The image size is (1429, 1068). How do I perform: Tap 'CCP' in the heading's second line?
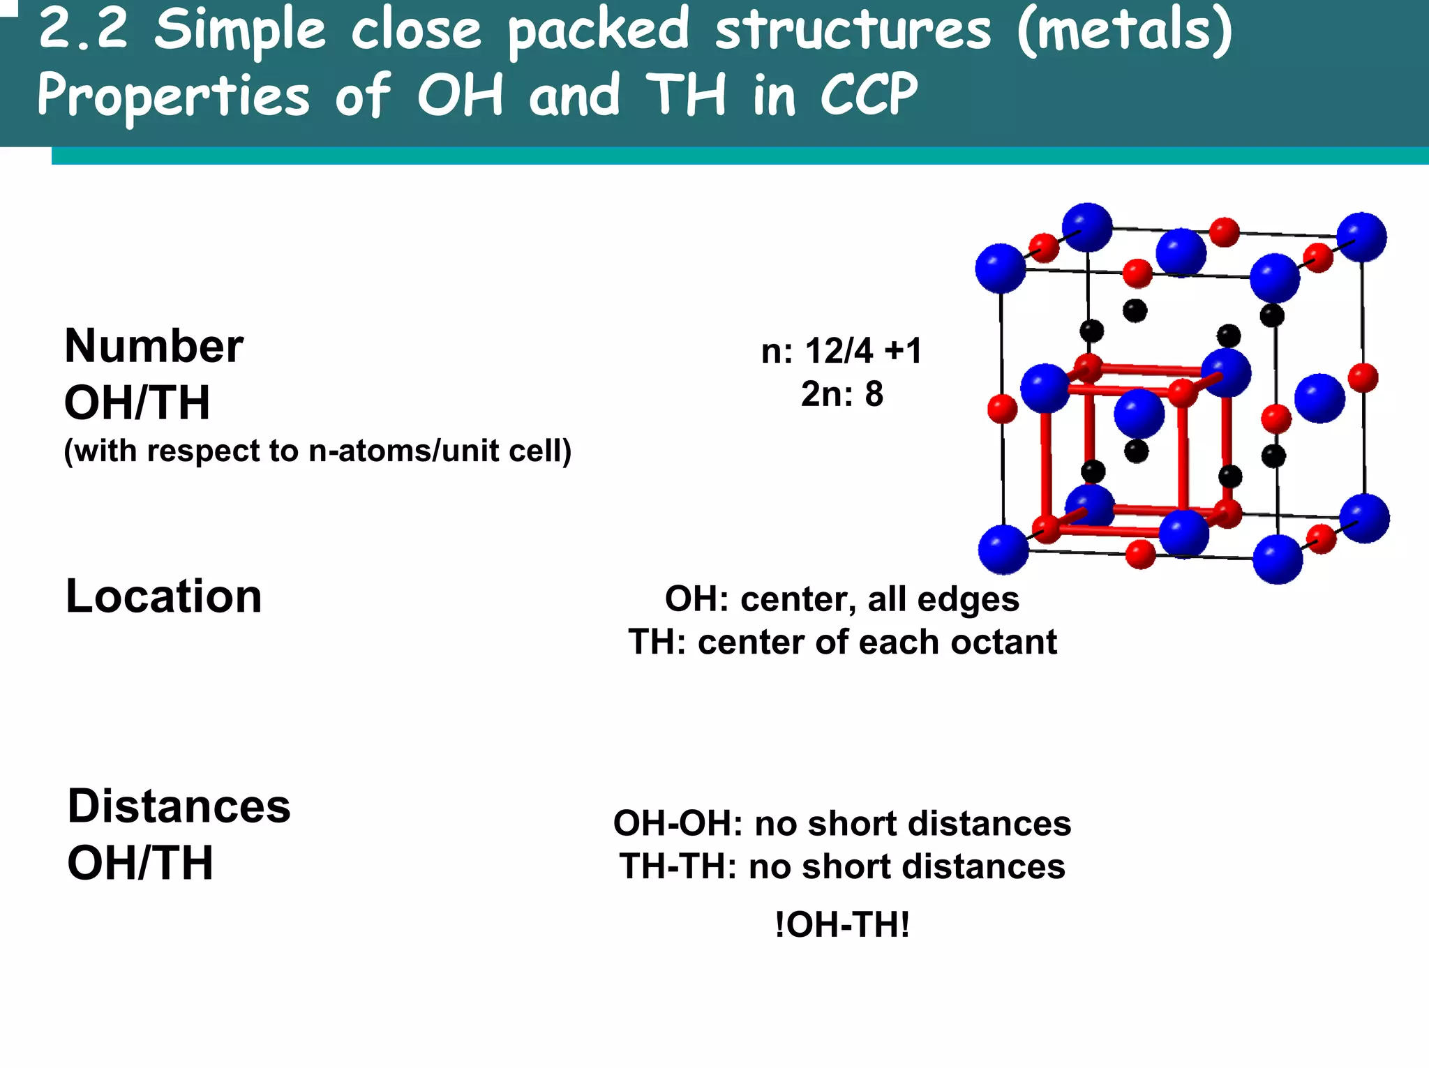[x=869, y=95]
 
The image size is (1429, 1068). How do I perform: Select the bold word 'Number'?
[x=154, y=346]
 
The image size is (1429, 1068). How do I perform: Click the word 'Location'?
[x=163, y=596]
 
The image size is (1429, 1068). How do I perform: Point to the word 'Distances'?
[x=179, y=806]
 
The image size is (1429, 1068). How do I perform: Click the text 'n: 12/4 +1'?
[x=841, y=350]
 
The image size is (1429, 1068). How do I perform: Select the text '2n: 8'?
[x=841, y=394]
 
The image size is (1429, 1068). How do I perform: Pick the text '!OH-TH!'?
[x=842, y=925]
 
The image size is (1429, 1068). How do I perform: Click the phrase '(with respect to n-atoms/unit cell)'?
[x=317, y=451]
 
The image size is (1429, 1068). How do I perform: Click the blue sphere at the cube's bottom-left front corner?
[x=1003, y=550]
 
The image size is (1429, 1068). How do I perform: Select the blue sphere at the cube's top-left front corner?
[x=1001, y=269]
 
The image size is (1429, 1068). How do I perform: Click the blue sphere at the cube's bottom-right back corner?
[x=1364, y=518]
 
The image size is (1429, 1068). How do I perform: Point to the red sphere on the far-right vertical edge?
[x=1363, y=378]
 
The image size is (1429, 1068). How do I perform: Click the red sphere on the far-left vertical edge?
[x=1003, y=409]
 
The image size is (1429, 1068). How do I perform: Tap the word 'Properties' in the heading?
[x=173, y=95]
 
